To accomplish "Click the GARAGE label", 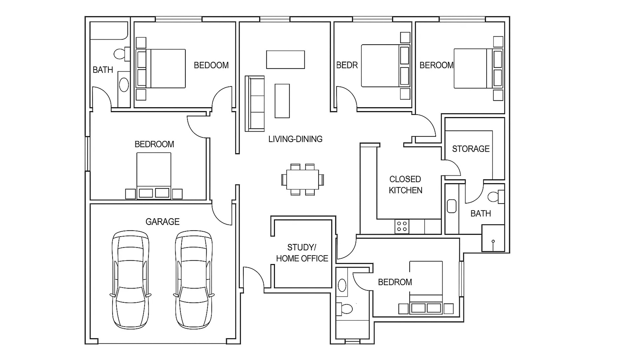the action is [162, 222].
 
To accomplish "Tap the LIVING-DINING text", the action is [295, 139].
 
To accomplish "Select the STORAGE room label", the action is [471, 149].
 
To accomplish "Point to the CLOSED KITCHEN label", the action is [405, 185].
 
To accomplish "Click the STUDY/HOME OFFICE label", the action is [302, 253].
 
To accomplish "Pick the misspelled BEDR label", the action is [347, 65].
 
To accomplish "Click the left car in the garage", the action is [131, 279].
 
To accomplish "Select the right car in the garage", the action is [194, 279].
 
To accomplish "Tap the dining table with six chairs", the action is [302, 179].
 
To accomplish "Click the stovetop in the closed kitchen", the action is [402, 226].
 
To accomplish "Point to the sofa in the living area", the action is [255, 103].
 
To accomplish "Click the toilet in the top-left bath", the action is [122, 54].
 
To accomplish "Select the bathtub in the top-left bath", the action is [109, 31].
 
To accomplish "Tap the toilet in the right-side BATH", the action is [496, 197].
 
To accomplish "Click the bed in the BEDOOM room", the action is [161, 69].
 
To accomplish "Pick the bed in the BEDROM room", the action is [426, 287].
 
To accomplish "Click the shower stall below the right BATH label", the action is [493, 238].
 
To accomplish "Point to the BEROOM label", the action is [436, 65].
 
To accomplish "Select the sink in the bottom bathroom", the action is [342, 285].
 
